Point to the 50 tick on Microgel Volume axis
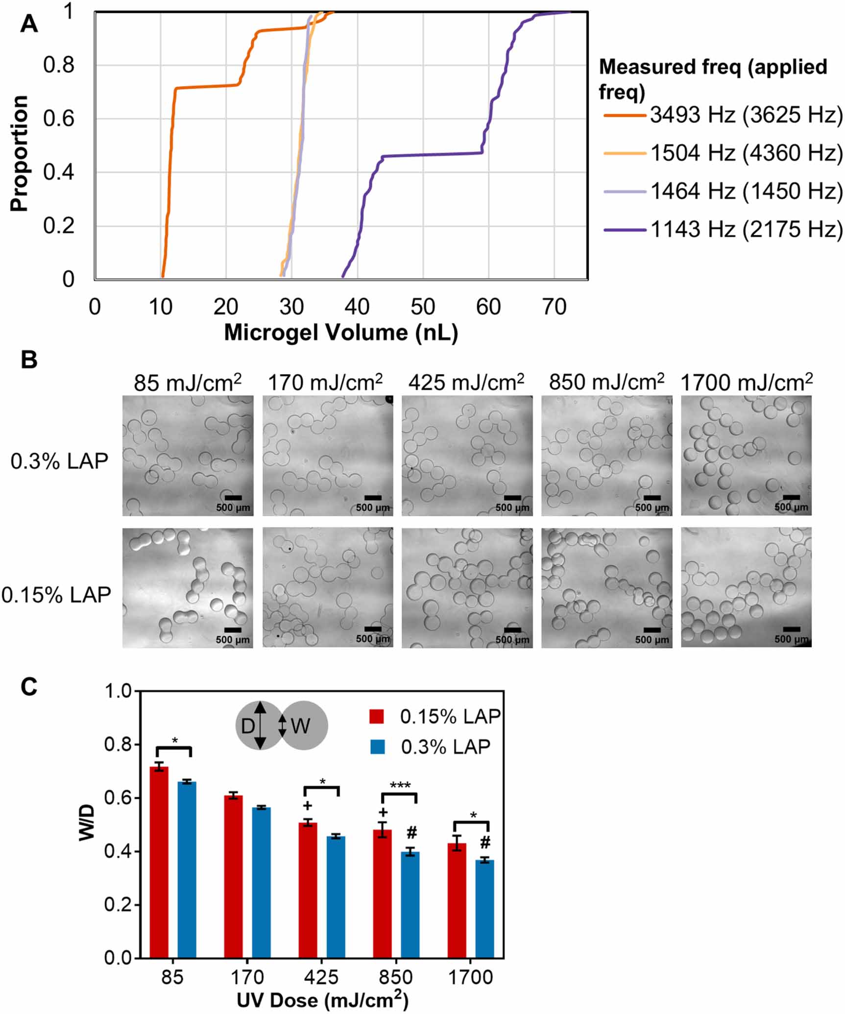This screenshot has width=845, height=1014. click(422, 308)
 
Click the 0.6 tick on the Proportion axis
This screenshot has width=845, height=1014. click(59, 119)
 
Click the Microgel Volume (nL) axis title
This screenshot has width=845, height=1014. click(341, 333)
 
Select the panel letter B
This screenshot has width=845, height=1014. click(29, 360)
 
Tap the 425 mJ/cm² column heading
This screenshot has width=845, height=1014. click(466, 383)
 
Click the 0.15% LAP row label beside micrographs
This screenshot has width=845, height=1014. click(56, 595)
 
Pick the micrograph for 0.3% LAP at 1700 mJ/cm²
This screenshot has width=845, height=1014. click(746, 455)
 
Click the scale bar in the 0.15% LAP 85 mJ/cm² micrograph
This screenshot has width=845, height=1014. click(233, 629)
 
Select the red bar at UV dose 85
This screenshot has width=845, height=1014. click(159, 862)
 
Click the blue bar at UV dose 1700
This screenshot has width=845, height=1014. click(485, 909)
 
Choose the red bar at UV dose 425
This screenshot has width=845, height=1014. click(308, 890)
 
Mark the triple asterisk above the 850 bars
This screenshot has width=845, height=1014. click(400, 786)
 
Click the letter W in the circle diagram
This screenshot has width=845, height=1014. click(300, 726)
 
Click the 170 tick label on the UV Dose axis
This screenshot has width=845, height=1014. click(247, 977)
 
